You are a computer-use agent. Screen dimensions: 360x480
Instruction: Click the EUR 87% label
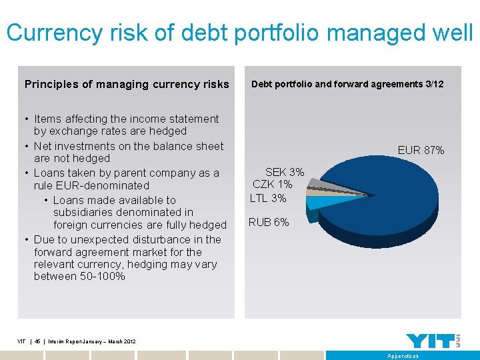click(421, 151)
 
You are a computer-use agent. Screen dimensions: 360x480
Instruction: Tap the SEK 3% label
click(285, 172)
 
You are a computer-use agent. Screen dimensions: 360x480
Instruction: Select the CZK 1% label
click(272, 185)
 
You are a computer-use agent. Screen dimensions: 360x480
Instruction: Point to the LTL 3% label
click(268, 198)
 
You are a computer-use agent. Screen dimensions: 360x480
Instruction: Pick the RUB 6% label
click(269, 223)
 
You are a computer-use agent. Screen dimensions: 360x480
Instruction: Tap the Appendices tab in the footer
click(403, 356)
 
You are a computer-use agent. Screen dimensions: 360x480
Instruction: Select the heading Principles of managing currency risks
click(127, 85)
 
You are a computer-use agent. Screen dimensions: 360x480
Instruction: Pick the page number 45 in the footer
click(37, 342)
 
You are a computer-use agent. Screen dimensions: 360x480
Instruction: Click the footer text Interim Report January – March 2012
click(89, 342)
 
